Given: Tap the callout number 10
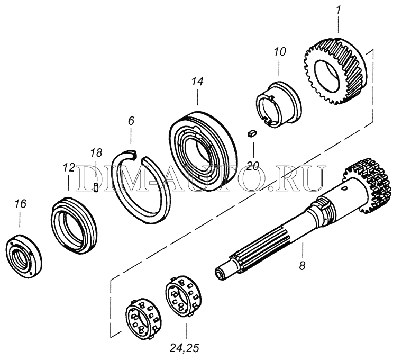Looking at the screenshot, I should click(x=280, y=52).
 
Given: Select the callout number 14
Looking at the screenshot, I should click(x=197, y=81).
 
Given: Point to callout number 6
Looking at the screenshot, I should click(x=131, y=121).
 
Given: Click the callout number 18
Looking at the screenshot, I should click(x=96, y=152).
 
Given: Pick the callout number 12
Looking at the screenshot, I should click(x=69, y=168).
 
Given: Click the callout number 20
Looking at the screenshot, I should click(x=253, y=166).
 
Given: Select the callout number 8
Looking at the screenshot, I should click(x=302, y=266).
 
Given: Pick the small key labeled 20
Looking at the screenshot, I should click(x=252, y=133).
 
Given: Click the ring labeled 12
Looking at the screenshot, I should click(x=74, y=221).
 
